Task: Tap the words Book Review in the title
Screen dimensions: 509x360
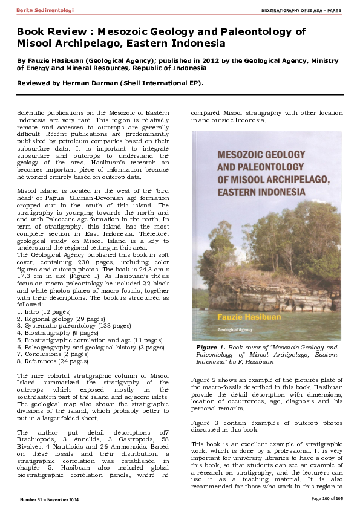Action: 45,32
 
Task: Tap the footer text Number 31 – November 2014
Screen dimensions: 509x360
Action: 50,499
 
